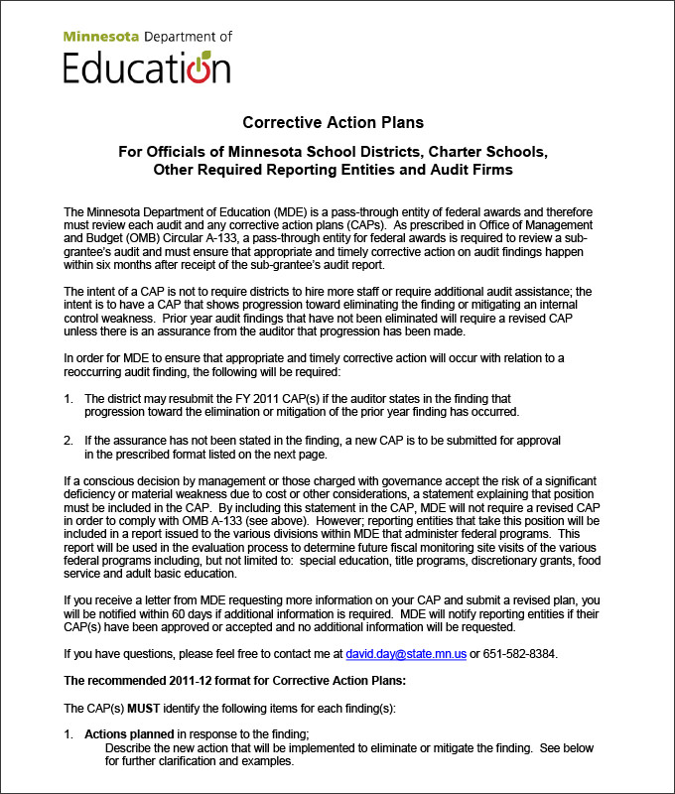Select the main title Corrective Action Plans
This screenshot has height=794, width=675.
(x=334, y=123)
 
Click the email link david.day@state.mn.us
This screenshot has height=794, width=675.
(x=406, y=654)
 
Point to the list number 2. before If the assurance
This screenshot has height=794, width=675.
(x=68, y=439)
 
